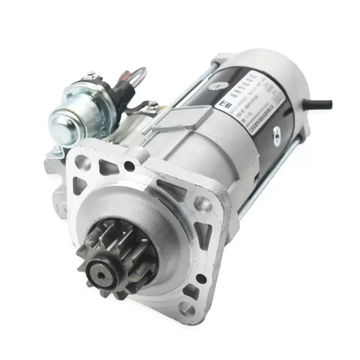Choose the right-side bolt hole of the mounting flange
[206, 205]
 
